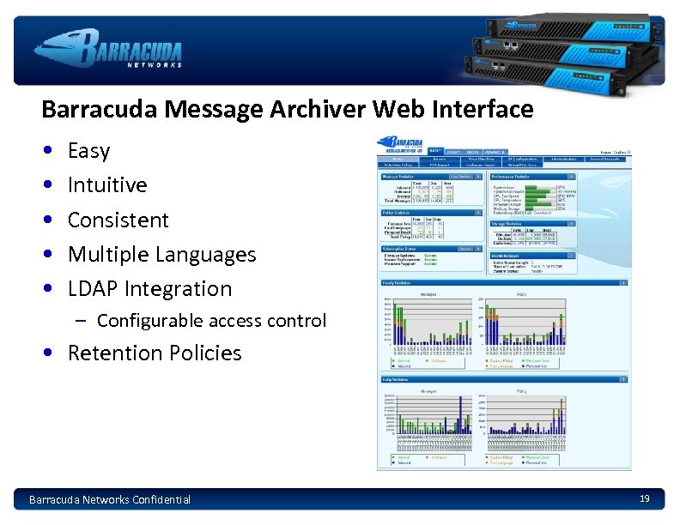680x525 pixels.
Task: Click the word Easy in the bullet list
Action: (x=88, y=151)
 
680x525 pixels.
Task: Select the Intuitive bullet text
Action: (x=107, y=185)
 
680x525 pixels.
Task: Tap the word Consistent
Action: (x=118, y=220)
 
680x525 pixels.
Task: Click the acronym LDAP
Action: (x=93, y=289)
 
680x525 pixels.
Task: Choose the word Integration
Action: (x=178, y=289)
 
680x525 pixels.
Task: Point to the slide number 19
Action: (x=644, y=498)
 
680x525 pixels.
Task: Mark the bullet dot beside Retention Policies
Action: (x=52, y=353)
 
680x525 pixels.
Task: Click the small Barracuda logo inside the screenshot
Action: (x=401, y=145)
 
